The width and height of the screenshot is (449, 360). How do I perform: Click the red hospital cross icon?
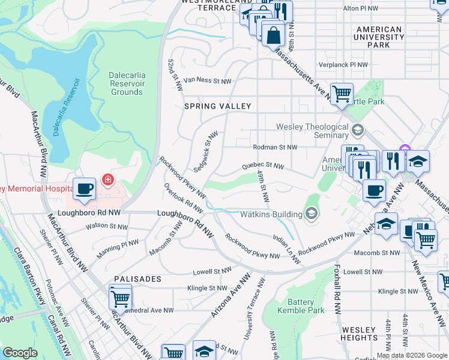(x=108, y=179)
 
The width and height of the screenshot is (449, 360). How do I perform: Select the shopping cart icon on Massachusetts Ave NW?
(x=342, y=94)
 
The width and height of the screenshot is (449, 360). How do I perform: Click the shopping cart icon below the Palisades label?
(x=120, y=297)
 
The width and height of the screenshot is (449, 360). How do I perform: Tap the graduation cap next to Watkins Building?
(x=312, y=213)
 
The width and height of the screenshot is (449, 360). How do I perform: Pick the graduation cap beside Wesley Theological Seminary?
(x=358, y=130)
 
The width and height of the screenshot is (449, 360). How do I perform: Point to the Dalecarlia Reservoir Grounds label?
(x=127, y=83)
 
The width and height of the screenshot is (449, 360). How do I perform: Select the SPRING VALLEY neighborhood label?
(x=217, y=106)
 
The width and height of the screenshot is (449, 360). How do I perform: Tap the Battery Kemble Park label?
(x=301, y=306)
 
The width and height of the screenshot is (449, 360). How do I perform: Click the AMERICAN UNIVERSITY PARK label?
(x=379, y=37)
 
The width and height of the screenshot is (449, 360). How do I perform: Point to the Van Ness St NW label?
(x=207, y=80)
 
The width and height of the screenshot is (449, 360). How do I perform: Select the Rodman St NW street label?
(x=276, y=146)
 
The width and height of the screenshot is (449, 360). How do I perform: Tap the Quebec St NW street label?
(x=262, y=166)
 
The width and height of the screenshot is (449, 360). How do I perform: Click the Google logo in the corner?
(x=20, y=353)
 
